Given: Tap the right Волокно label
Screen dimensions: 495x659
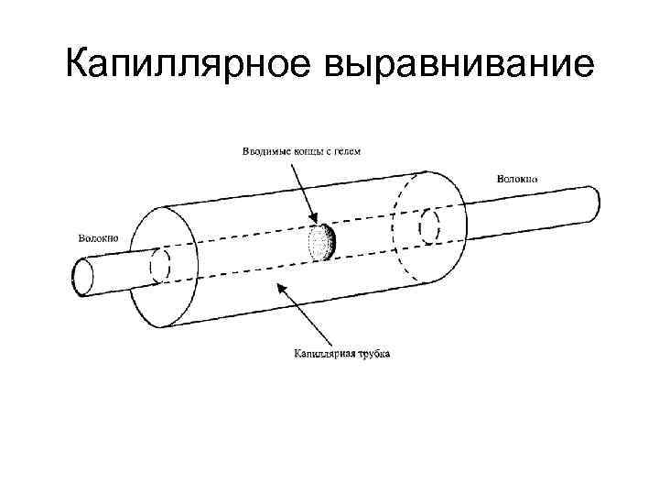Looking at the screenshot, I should tap(517, 177).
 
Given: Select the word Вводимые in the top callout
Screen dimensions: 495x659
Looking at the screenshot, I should tap(265, 150).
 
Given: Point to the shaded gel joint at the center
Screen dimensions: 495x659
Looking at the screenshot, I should tap(321, 242).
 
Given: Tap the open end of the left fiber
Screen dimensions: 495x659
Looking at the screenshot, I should tap(83, 276).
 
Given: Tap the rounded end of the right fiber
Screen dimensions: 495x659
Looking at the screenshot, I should tap(593, 203).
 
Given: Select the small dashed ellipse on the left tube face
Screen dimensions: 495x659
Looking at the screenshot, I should tap(160, 264).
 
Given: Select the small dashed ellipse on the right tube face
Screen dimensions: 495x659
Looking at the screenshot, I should tap(428, 226).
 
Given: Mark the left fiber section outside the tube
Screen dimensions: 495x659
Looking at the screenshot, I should tap(114, 271).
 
